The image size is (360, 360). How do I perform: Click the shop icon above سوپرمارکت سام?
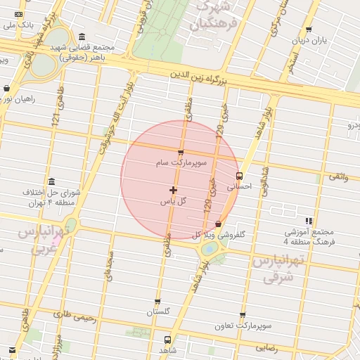pos(181,153)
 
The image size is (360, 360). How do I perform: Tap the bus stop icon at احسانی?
pos(239,176)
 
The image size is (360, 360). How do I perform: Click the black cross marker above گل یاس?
pos(173,190)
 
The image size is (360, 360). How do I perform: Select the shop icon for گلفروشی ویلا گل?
pos(218,224)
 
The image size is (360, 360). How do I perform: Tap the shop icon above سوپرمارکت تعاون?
pos(243,316)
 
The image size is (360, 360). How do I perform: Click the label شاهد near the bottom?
pos(167,349)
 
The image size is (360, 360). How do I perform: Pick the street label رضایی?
pos(266,348)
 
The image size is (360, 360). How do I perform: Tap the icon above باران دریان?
pos(309,30)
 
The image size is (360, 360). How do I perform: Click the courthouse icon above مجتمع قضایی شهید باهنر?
pos(83,37)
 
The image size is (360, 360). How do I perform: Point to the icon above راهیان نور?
pos(7,89)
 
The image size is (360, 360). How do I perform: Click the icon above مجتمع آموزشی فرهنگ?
pos(309,221)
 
